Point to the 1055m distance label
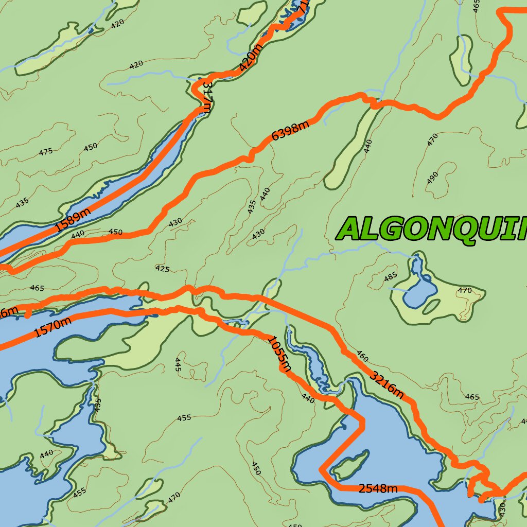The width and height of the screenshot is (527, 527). point(279,354)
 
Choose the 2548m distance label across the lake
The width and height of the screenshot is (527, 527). point(378,488)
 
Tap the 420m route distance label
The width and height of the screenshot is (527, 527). point(251,57)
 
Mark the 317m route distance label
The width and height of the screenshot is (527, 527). point(207,96)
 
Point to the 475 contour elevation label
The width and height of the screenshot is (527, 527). point(46,152)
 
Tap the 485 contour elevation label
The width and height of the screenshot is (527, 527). point(391,277)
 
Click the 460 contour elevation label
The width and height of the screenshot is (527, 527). point(362,356)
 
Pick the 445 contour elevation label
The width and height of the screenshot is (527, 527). point(178,364)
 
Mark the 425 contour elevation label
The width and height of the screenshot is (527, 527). point(162,269)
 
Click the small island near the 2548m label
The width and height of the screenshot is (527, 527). point(352,465)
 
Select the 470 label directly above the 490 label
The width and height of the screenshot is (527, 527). point(432,139)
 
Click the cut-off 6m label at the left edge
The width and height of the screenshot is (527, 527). point(9,311)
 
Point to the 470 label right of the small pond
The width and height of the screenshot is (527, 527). point(464,290)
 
